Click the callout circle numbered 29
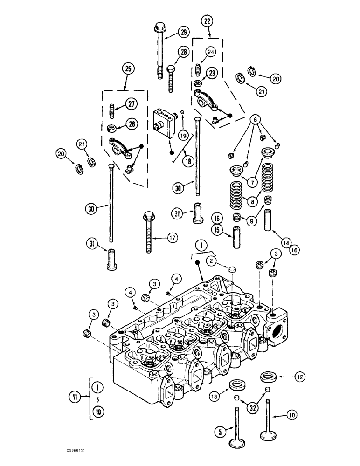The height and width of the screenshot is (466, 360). coord(183,32)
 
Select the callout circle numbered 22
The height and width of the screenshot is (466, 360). coord(207,21)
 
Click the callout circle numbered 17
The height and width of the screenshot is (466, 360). coord(173,238)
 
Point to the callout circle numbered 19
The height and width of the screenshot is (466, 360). coord(183,135)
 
